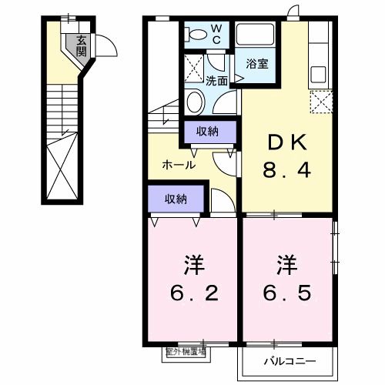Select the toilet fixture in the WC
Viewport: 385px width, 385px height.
(x=196, y=33)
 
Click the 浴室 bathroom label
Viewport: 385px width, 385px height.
(x=257, y=64)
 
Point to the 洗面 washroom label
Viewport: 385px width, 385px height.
(x=216, y=80)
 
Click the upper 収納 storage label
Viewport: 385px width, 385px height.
(x=206, y=131)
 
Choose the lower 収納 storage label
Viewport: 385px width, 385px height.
(x=176, y=199)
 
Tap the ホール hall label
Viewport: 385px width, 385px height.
(x=178, y=165)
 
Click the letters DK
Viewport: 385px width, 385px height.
(x=289, y=142)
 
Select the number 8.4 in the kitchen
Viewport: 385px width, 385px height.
(x=289, y=170)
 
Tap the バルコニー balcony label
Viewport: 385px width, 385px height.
(x=291, y=359)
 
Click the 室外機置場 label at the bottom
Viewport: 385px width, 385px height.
(x=186, y=352)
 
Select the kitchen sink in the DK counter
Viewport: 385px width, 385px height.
(x=319, y=78)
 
